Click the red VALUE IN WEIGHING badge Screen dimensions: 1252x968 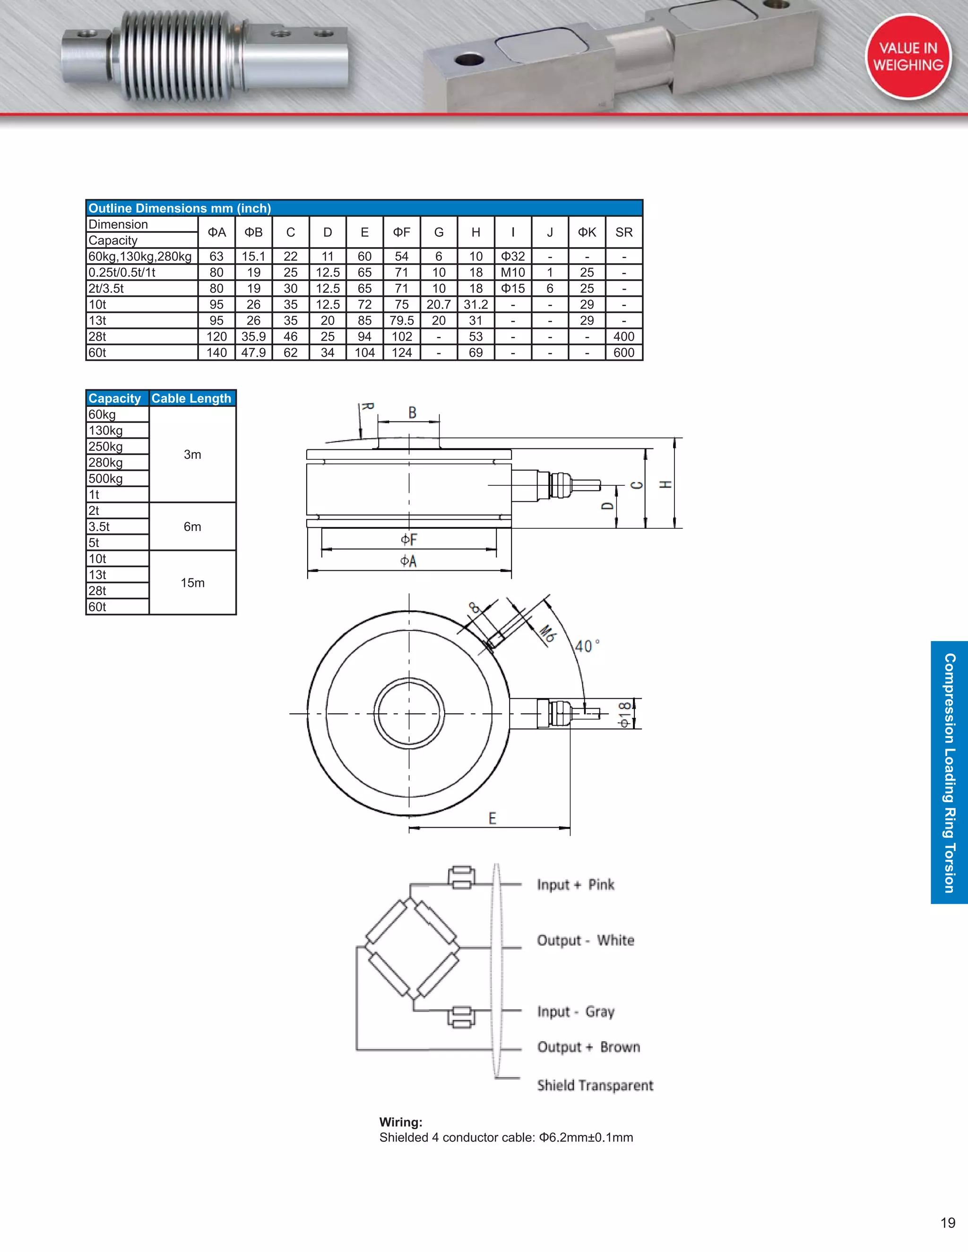pos(908,56)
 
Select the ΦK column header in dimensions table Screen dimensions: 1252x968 pos(587,232)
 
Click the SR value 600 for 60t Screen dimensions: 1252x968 pos(623,352)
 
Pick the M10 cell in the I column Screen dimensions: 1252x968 pos(513,272)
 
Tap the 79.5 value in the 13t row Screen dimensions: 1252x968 pos(401,320)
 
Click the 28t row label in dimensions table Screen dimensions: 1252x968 pos(97,336)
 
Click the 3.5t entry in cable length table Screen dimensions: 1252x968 pos(99,527)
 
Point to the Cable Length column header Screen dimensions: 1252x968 pos(191,398)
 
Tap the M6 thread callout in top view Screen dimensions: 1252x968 pos(547,634)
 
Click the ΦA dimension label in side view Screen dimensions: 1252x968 pos(408,561)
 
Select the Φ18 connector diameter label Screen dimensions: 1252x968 pos(624,714)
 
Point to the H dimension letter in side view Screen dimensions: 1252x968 pos(665,484)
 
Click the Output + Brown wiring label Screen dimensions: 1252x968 pos(588,1047)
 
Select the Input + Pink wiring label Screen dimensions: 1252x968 pos(575,885)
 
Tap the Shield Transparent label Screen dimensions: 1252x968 pos(595,1086)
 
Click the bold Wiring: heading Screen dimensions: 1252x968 pos(400,1123)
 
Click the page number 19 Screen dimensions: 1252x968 pos(947,1223)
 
